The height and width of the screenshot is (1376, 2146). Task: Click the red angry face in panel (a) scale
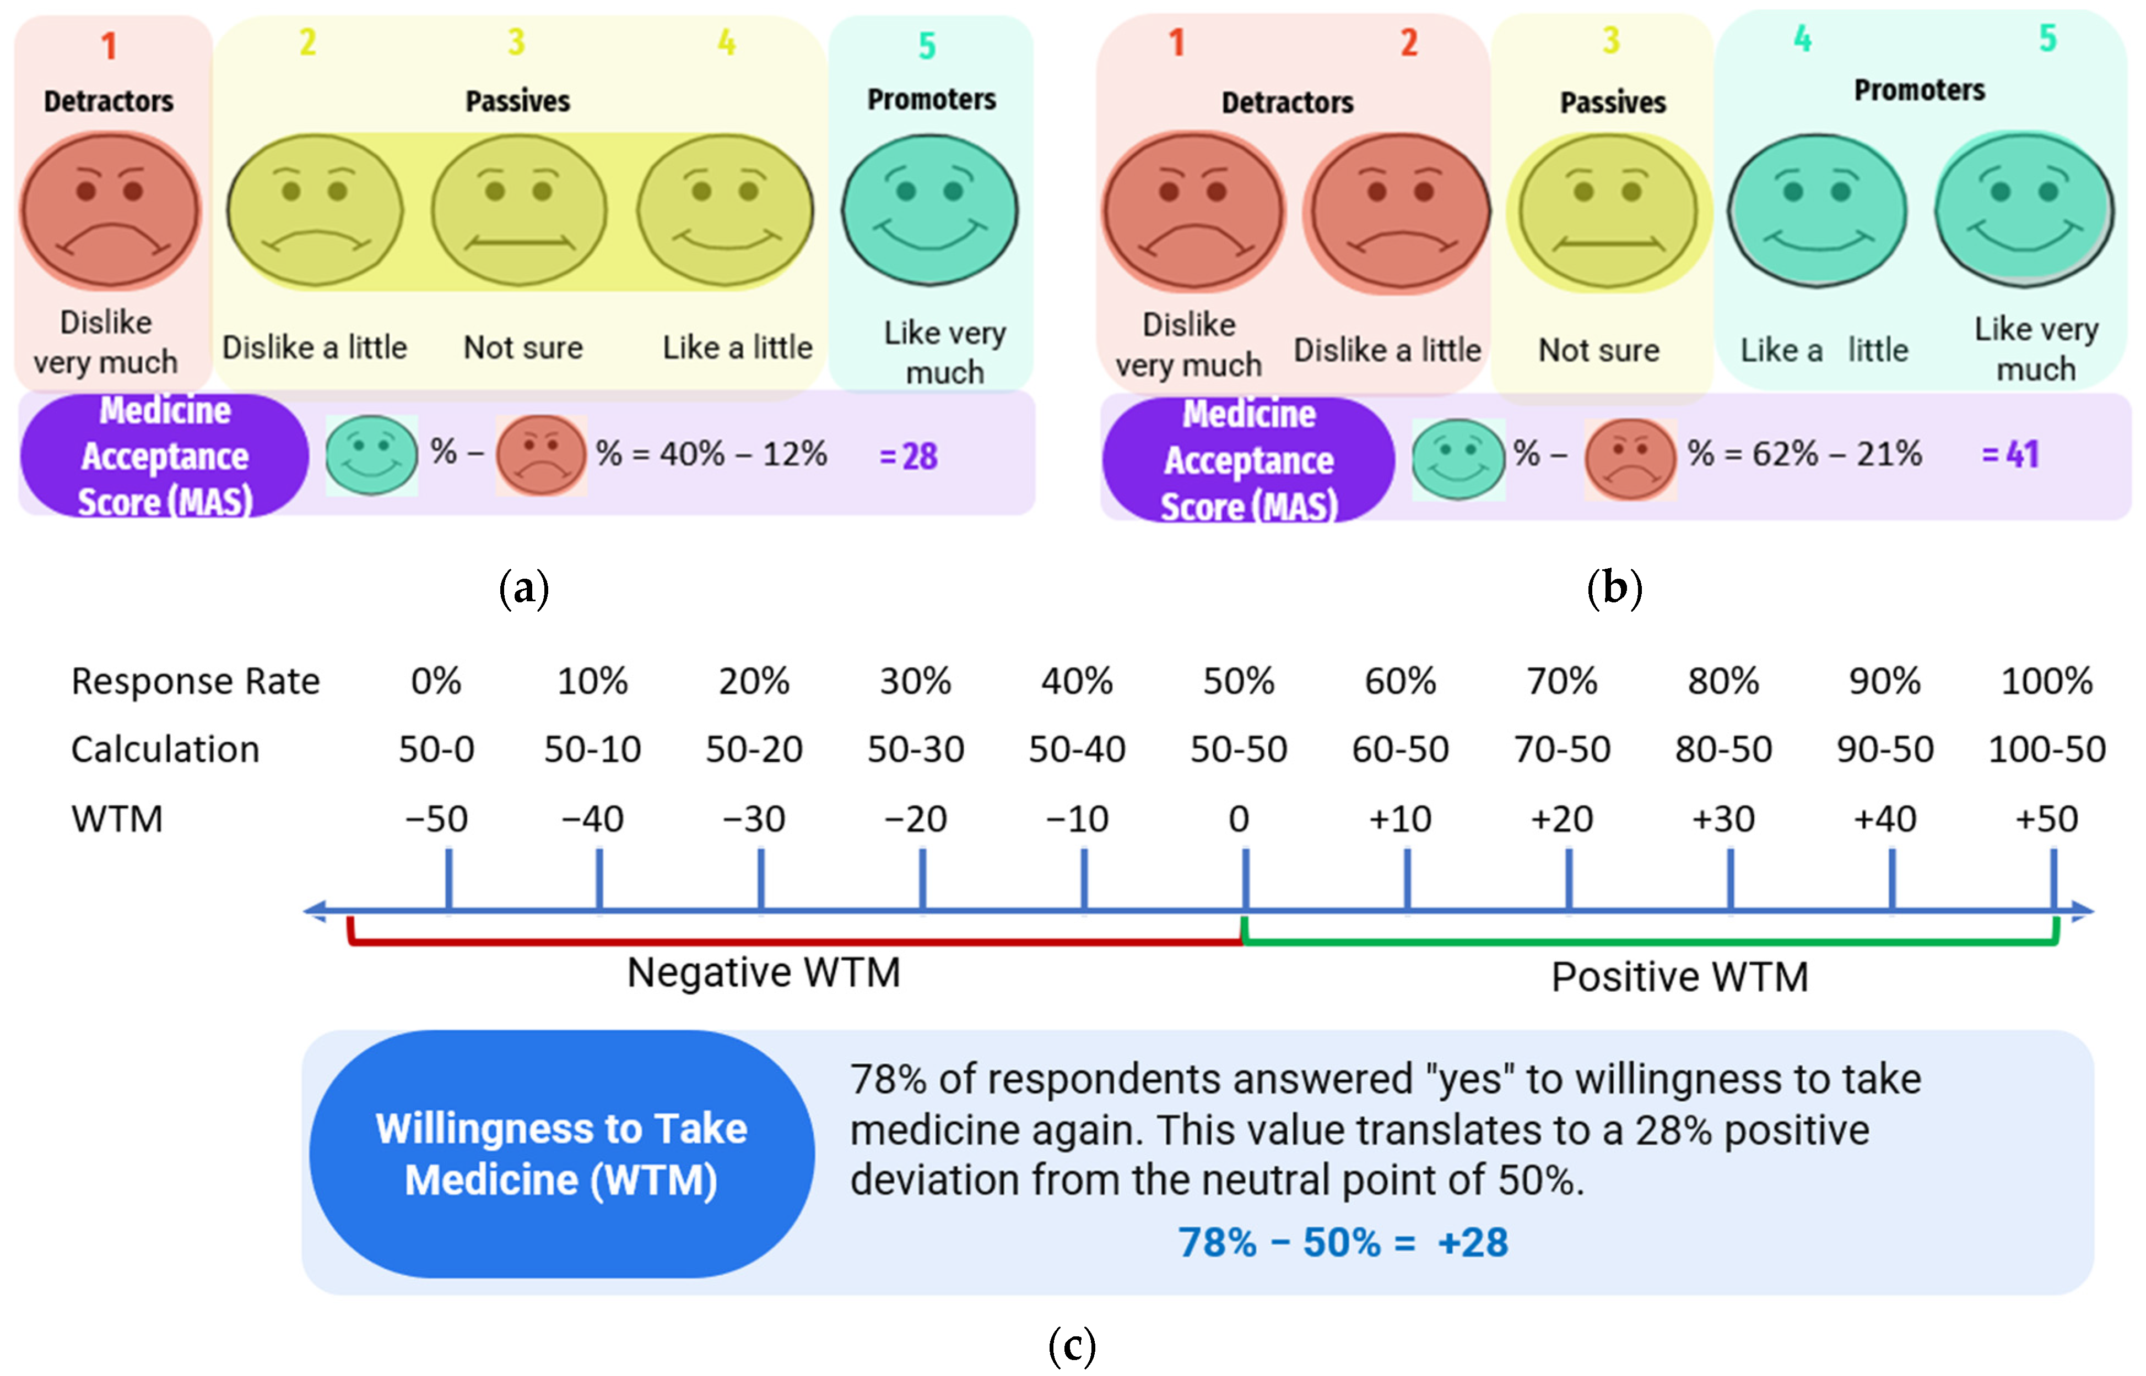pyautogui.click(x=111, y=211)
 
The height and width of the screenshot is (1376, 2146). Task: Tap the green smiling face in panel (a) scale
pyautogui.click(x=929, y=211)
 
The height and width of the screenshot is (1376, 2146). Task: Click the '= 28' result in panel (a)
pyautogui.click(x=908, y=456)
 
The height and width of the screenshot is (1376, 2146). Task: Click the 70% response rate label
pyautogui.click(x=1561, y=682)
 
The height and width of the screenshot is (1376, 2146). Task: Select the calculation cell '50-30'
pyautogui.click(x=915, y=749)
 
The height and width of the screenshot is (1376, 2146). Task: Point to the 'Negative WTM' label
pyautogui.click(x=763, y=973)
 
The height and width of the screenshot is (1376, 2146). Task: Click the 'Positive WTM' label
pyautogui.click(x=1679, y=977)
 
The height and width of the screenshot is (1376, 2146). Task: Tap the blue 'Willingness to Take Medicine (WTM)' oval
pyautogui.click(x=561, y=1155)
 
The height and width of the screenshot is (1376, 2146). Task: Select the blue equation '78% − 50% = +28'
pyautogui.click(x=1343, y=1243)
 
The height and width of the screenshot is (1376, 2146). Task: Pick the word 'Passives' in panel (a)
pyautogui.click(x=517, y=101)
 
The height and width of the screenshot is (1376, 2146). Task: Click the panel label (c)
pyautogui.click(x=1072, y=1345)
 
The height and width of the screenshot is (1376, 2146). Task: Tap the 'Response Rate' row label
pyautogui.click(x=195, y=682)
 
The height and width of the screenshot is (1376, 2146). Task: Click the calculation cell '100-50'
pyautogui.click(x=2046, y=749)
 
